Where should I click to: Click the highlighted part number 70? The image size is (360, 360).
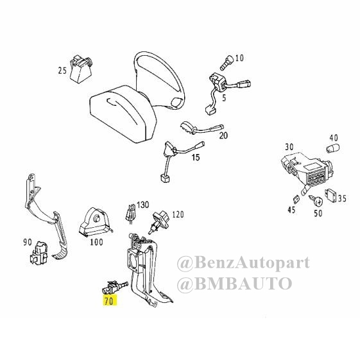(x=110, y=301)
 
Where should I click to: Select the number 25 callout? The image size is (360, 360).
(x=62, y=71)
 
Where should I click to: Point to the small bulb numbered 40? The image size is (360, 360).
(x=332, y=148)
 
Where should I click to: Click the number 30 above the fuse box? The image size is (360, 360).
(x=289, y=147)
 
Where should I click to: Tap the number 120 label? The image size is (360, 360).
(x=178, y=215)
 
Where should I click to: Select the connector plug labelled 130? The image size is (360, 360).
(x=131, y=212)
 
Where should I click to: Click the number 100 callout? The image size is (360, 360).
(x=96, y=242)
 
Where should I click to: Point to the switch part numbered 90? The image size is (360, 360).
(x=39, y=253)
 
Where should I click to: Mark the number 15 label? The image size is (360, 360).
(x=196, y=157)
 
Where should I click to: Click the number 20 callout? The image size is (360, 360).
(x=223, y=135)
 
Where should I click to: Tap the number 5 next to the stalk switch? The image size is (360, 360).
(x=224, y=98)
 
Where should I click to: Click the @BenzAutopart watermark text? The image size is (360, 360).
(x=243, y=263)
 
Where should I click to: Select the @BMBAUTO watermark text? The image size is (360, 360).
(x=234, y=284)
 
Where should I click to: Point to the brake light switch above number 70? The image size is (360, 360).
(x=115, y=287)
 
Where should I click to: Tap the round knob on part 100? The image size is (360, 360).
(x=97, y=218)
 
